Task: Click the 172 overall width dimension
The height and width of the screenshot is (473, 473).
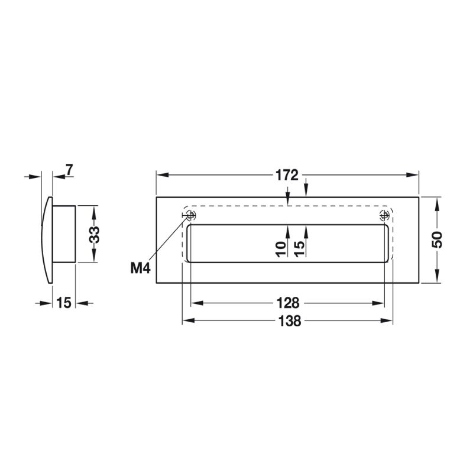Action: point(287,176)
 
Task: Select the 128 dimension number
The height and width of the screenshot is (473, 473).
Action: point(287,303)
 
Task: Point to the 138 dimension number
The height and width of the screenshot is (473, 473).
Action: point(287,321)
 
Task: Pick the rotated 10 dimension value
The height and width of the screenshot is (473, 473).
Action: point(282,248)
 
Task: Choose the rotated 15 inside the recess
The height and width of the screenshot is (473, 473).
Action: point(300,248)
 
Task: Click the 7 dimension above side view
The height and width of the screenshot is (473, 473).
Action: point(69,170)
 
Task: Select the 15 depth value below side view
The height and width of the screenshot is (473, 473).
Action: point(64,303)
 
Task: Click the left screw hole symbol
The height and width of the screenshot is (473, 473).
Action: point(190,215)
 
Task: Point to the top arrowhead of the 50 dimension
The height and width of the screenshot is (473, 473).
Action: point(437,202)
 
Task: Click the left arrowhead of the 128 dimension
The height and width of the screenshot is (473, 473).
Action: point(195,303)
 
